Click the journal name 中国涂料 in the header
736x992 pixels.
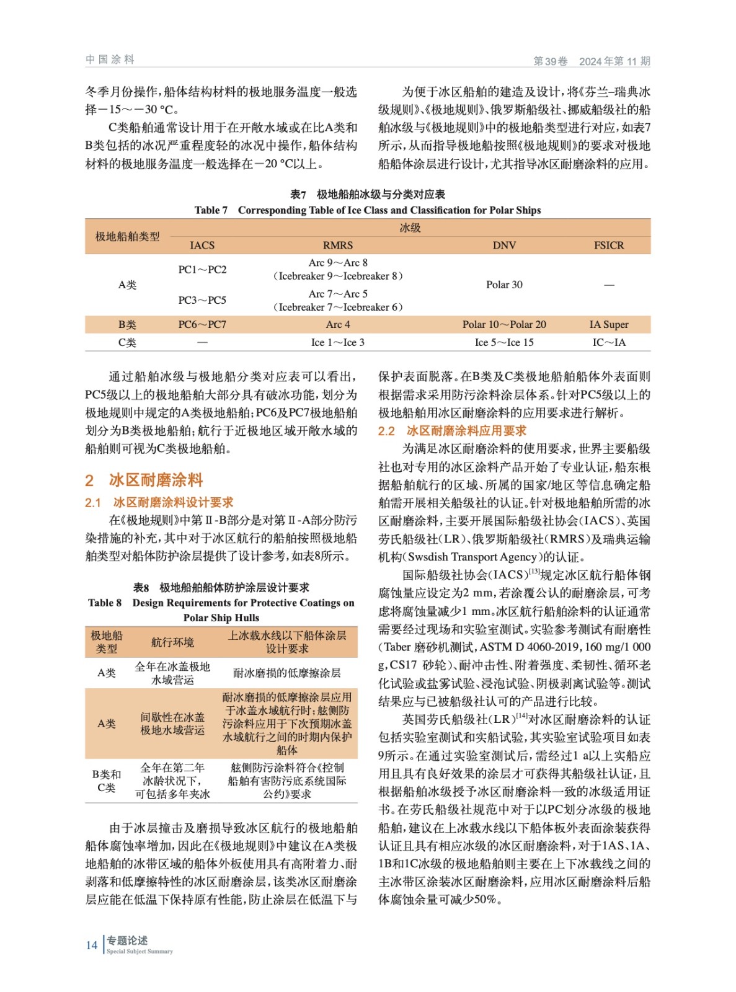pyautogui.click(x=110, y=60)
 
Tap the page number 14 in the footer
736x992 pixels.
pyautogui.click(x=92, y=945)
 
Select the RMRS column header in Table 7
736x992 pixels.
pyautogui.click(x=337, y=246)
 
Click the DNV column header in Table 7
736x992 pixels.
pyautogui.click(x=503, y=246)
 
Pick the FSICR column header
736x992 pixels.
pyautogui.click(x=608, y=246)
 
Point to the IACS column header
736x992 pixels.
pyautogui.click(x=202, y=246)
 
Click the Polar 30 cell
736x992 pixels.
pyautogui.click(x=503, y=285)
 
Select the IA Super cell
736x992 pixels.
pyautogui.click(x=608, y=324)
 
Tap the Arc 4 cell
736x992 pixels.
pyautogui.click(x=337, y=324)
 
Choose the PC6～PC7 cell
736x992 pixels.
pyautogui.click(x=202, y=324)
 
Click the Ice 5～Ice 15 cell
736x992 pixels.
pyautogui.click(x=503, y=342)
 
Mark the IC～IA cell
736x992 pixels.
pyautogui.click(x=608, y=342)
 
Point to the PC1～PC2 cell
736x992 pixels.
pyautogui.click(x=202, y=270)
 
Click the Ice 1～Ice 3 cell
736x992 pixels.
pyautogui.click(x=337, y=342)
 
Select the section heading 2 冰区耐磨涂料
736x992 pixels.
pyautogui.click(x=144, y=480)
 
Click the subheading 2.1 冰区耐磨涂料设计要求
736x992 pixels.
pyautogui.click(x=159, y=502)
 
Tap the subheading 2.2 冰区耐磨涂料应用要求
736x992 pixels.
pyautogui.click(x=452, y=431)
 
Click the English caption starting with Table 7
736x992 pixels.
pyautogui.click(x=367, y=210)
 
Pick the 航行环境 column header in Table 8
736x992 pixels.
pyautogui.click(x=172, y=642)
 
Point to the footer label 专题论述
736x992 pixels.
pyautogui.click(x=127, y=941)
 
